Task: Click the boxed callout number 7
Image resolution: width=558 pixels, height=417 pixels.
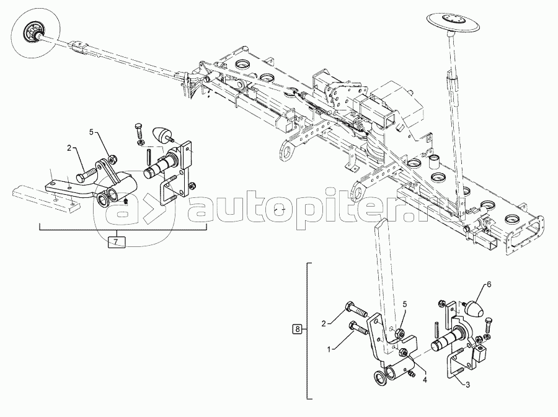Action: click(x=117, y=242)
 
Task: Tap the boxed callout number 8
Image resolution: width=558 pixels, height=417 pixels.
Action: click(x=297, y=329)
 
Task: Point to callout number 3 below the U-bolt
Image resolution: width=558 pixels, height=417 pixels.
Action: click(x=468, y=385)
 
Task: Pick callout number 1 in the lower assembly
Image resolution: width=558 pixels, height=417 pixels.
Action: click(x=329, y=350)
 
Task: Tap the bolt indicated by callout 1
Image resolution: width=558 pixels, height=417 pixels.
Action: click(x=360, y=328)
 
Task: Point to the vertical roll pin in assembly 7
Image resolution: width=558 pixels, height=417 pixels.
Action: click(x=148, y=155)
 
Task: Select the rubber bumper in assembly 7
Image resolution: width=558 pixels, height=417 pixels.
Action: click(x=163, y=136)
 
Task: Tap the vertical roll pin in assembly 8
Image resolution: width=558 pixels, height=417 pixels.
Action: click(x=436, y=329)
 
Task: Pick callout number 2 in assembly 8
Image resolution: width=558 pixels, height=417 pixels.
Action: click(x=324, y=323)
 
